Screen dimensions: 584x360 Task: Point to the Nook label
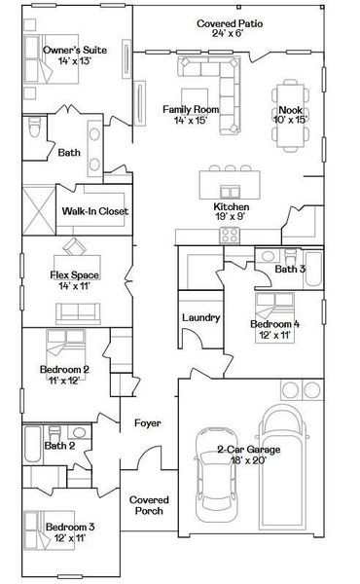[x=290, y=111]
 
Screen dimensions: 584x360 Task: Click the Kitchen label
[x=233, y=207]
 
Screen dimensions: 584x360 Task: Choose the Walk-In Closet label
[x=95, y=211]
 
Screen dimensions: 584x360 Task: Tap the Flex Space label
[x=76, y=275]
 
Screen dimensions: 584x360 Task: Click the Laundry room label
[x=200, y=316]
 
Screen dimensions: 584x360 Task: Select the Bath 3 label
[x=290, y=269]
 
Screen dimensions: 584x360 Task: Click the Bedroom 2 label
[x=65, y=370]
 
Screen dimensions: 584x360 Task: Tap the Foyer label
[x=149, y=423]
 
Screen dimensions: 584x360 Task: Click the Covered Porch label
[x=149, y=504]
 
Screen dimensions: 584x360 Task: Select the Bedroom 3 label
[x=70, y=528]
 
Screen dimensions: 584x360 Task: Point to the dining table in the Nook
[x=290, y=131]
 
